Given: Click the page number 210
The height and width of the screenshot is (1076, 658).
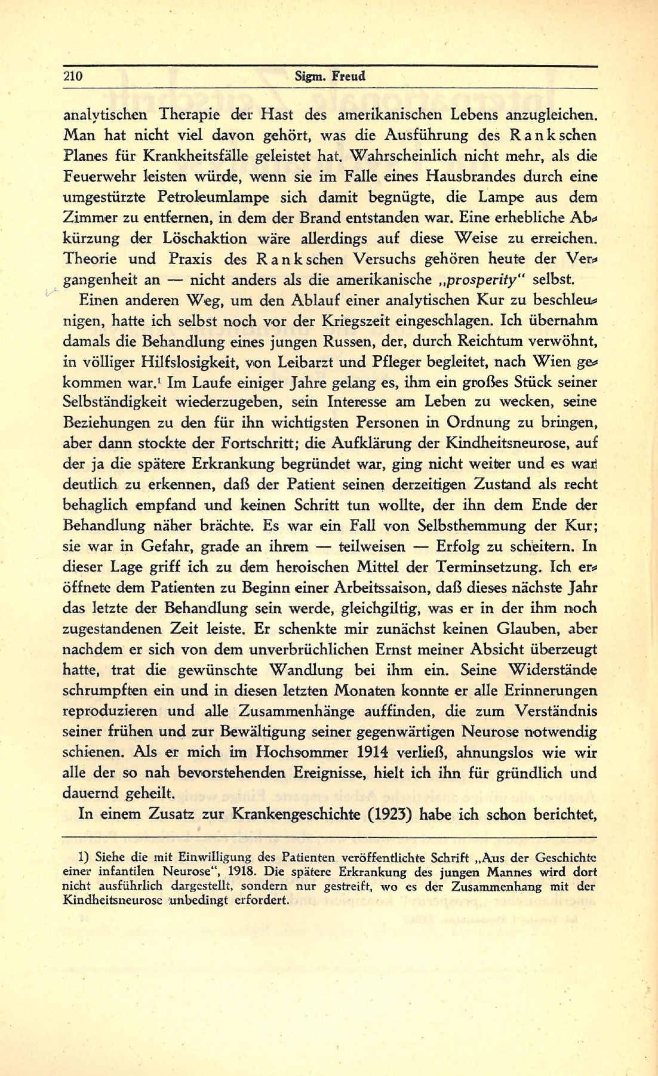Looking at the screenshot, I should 72,76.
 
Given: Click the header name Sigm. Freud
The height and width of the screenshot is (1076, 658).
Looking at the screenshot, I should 330,76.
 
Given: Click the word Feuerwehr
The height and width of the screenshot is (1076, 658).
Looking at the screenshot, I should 94,177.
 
